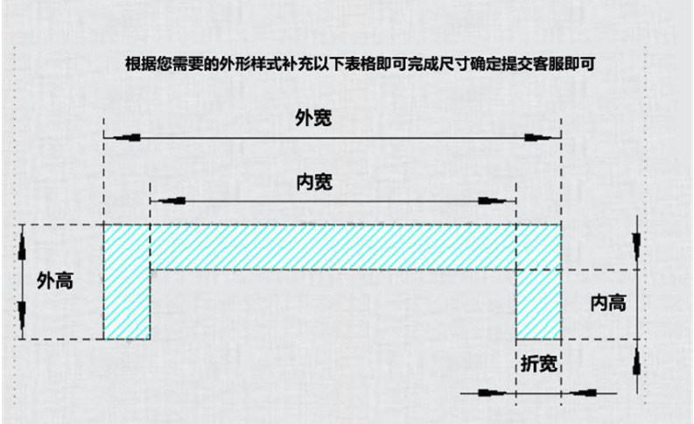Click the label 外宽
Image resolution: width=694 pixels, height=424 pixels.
(x=313, y=118)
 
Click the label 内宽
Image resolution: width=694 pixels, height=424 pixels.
(x=314, y=181)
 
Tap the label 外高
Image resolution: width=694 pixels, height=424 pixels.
(x=55, y=281)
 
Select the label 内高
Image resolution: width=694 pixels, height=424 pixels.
(x=608, y=303)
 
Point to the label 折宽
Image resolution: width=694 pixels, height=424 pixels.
(x=538, y=364)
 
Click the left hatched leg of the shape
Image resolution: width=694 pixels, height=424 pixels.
(x=127, y=282)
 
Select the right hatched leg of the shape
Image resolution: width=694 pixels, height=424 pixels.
(x=538, y=304)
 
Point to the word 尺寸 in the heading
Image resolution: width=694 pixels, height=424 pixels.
(x=455, y=64)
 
